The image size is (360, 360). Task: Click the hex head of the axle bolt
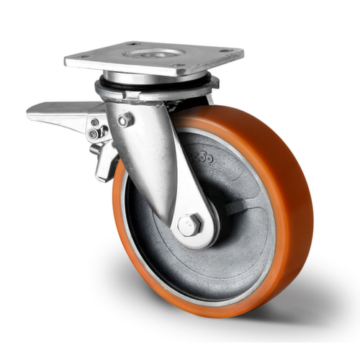pos(189,225)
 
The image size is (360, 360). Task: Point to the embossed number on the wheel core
pos(202,156)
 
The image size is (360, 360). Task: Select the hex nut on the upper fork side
pos(125,120)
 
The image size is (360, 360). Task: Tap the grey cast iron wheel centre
pos(238,216)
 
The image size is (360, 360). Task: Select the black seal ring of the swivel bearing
pos(155,85)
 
